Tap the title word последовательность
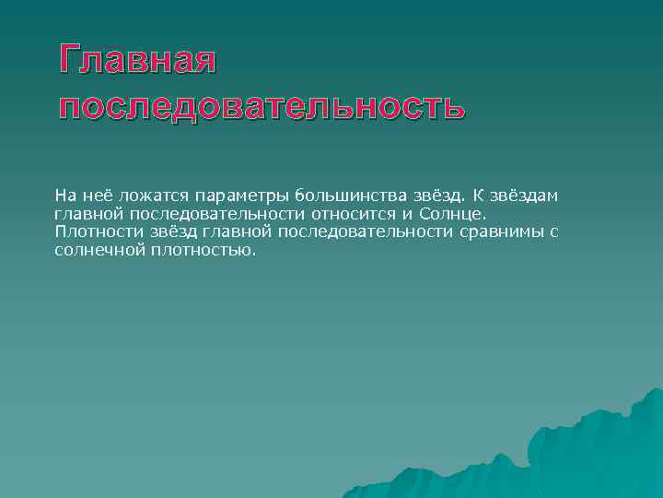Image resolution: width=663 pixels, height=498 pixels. [x=262, y=106]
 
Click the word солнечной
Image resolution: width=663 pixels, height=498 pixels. [x=95, y=250]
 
